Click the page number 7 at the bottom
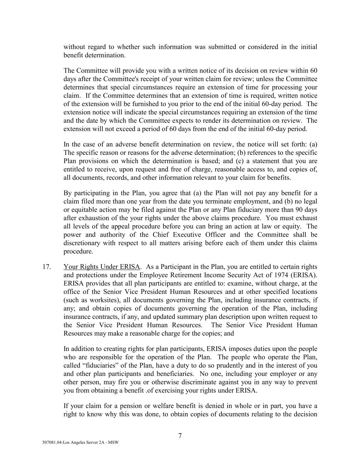point(180,436)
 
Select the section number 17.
point(47,267)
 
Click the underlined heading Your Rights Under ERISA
point(102,267)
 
